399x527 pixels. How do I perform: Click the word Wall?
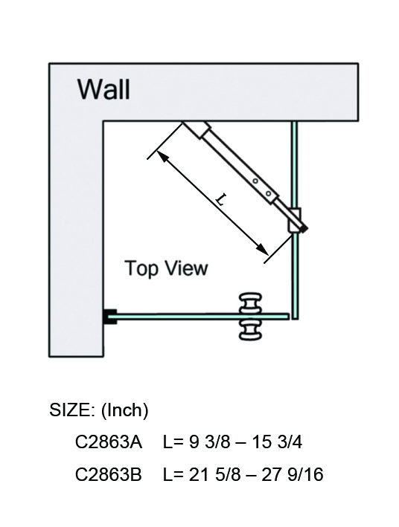[x=103, y=89]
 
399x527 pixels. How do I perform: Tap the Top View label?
[x=166, y=268]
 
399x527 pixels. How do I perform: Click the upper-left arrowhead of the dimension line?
[x=162, y=156]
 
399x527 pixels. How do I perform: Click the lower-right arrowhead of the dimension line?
[x=263, y=249]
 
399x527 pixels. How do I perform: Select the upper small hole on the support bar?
[x=255, y=181]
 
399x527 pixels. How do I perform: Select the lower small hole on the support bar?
[x=268, y=193]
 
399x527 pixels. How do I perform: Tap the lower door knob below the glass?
[x=250, y=330]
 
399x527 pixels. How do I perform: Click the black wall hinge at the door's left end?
[x=110, y=317]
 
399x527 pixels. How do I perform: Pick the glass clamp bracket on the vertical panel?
[x=294, y=220]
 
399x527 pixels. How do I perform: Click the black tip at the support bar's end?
[x=304, y=228]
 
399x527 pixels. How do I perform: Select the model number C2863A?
[x=109, y=442]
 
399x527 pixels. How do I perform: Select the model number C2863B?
[x=109, y=474]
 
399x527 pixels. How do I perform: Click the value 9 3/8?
[x=209, y=442]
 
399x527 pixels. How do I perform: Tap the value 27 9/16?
[x=293, y=474]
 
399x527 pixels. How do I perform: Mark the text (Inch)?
[x=124, y=410]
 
